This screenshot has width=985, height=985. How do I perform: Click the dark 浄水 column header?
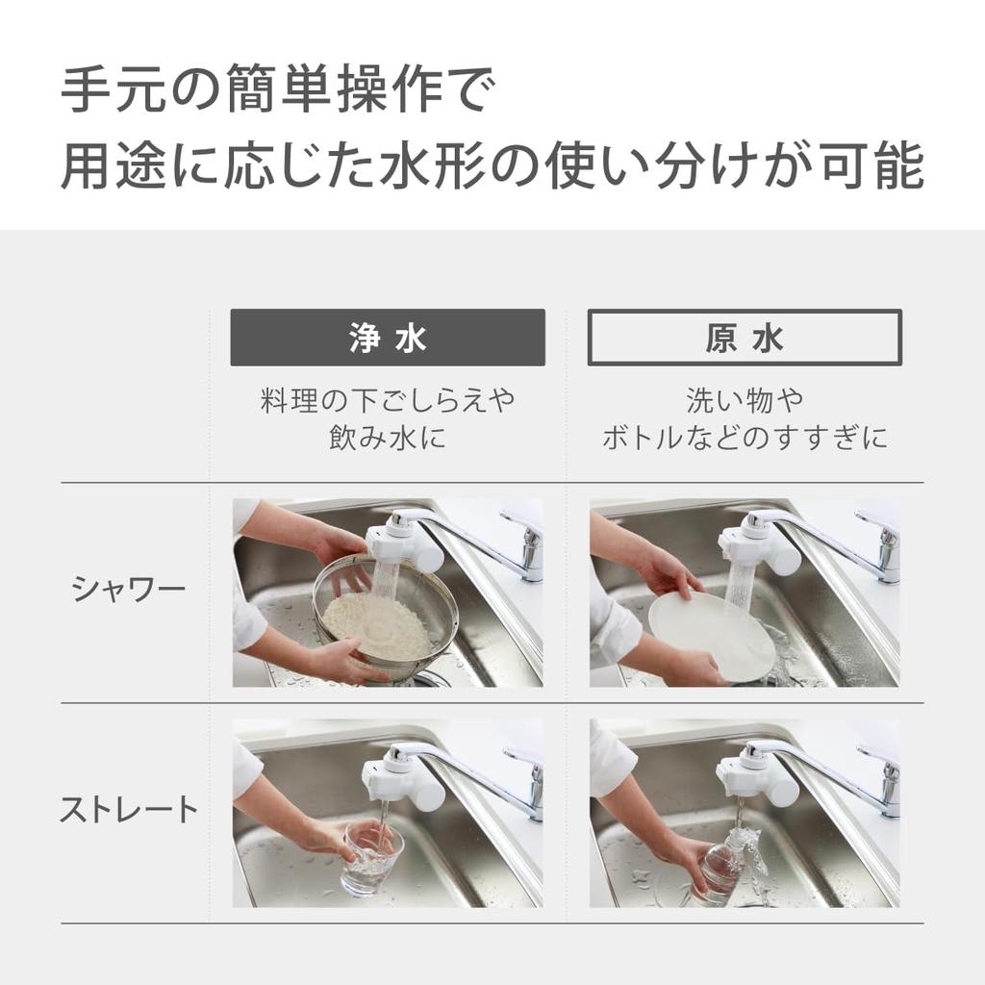click(x=388, y=338)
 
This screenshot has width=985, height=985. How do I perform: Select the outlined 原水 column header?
click(x=745, y=338)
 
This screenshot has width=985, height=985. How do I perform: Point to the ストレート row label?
click(x=129, y=810)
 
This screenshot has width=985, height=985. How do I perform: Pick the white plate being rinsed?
click(x=712, y=635)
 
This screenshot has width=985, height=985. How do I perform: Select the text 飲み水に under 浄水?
click(x=388, y=439)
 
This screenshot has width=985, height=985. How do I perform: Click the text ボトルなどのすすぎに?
click(x=745, y=439)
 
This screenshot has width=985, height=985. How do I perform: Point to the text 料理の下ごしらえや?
click(x=388, y=401)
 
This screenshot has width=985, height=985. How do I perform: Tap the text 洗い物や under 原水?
click(x=745, y=401)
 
